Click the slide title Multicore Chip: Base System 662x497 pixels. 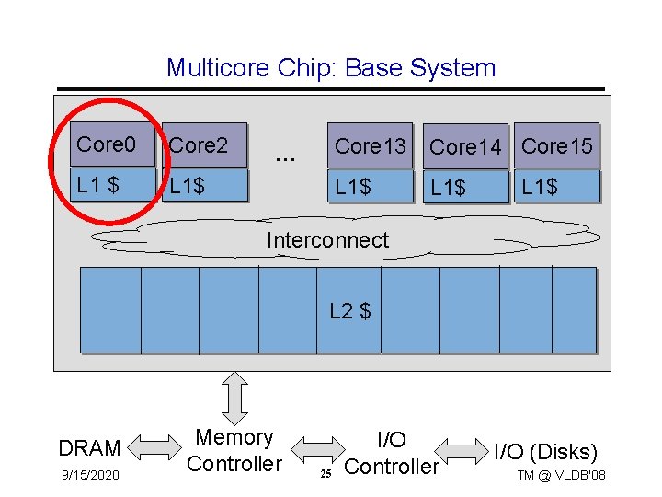point(331,68)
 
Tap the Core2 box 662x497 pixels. point(204,145)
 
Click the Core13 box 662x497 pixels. point(371,145)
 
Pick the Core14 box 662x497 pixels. point(465,147)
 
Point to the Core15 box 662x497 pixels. point(556,145)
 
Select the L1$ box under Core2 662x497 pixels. point(204,185)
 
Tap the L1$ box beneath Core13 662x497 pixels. point(371,186)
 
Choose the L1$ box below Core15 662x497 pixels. point(556,186)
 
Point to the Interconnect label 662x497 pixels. point(327,240)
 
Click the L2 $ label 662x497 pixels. point(349,311)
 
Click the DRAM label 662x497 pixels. point(89,448)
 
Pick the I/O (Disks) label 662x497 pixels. point(545,452)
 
